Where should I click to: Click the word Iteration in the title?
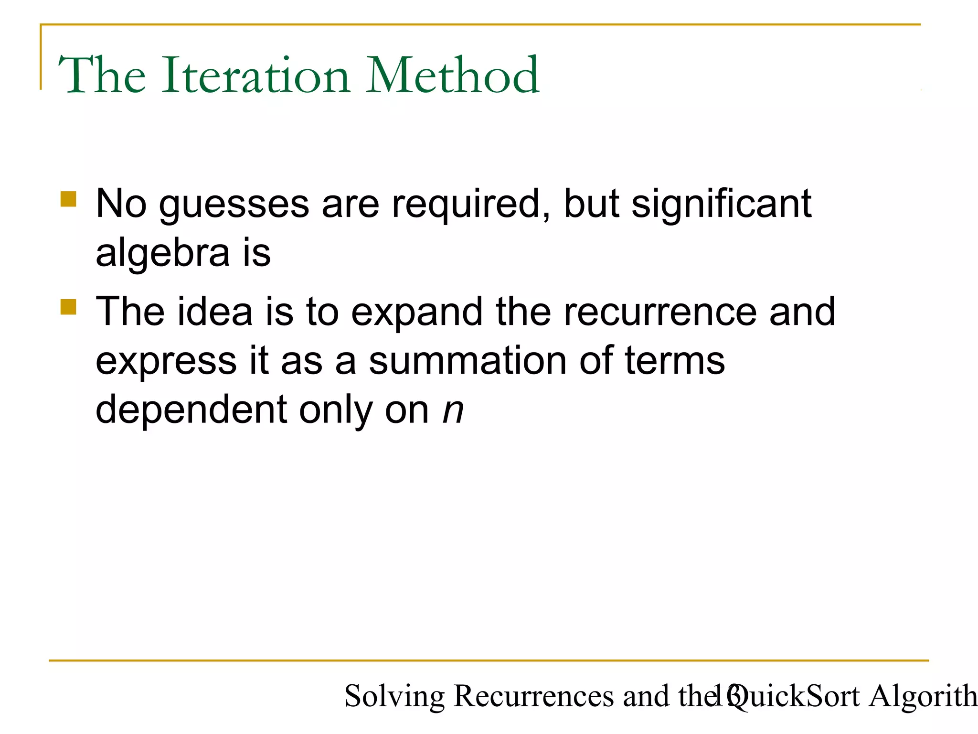[x=256, y=76]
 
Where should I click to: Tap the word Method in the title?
[x=453, y=76]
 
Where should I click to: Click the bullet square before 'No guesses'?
[x=69, y=199]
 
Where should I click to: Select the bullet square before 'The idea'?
[x=69, y=307]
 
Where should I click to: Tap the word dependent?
[x=191, y=410]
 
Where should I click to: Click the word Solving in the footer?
[x=394, y=696]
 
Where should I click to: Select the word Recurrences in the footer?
[x=533, y=696]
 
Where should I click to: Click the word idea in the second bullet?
[x=215, y=312]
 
